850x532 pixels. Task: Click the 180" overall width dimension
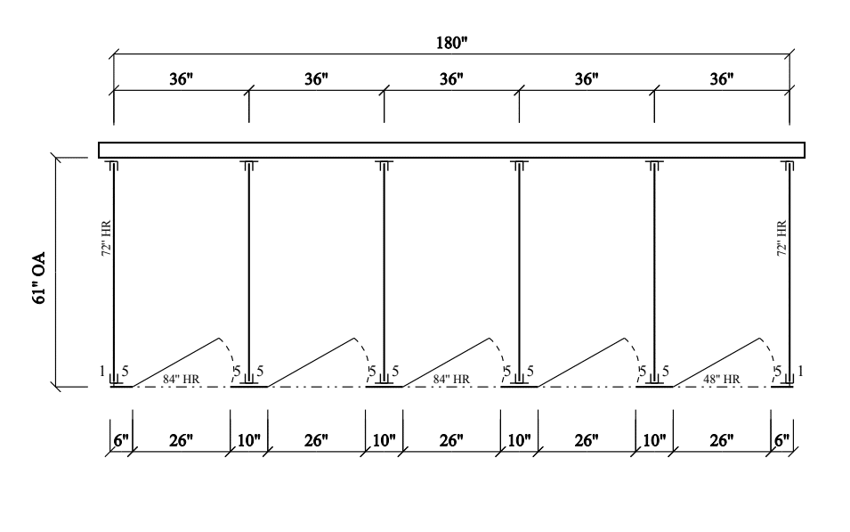coord(451,43)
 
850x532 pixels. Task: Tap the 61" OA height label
coord(40,278)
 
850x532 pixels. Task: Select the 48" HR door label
coord(722,379)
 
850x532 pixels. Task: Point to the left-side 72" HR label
coord(106,238)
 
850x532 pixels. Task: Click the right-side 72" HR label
coord(781,238)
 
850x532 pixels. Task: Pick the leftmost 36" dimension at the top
coord(181,79)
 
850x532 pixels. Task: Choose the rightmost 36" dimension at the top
coord(722,79)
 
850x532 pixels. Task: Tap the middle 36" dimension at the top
coord(451,79)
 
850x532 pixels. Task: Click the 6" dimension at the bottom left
coord(121,440)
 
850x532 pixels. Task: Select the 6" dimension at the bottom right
coord(781,440)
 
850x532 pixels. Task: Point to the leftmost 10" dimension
coord(249,440)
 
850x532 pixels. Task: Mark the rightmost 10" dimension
coord(654,440)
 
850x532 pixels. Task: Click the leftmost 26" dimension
coord(181,440)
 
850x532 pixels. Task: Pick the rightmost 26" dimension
coord(722,440)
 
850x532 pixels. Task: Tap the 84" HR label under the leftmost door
coord(181,379)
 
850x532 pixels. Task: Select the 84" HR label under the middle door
coord(451,379)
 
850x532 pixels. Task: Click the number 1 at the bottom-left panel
coord(102,371)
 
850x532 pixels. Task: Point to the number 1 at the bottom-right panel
coord(801,371)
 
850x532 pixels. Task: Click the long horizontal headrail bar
coord(451,150)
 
